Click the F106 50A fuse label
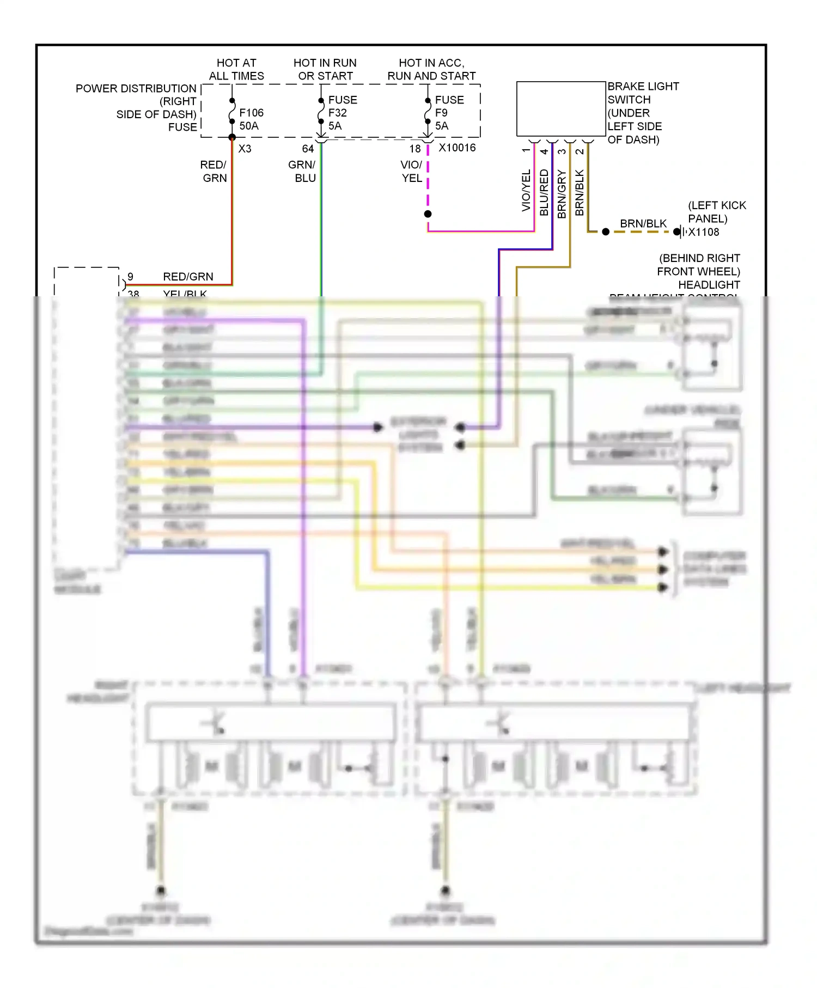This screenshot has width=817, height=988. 251,119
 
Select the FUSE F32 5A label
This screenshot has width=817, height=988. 342,113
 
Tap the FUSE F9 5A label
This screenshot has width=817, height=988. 449,113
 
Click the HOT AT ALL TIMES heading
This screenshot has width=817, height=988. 236,70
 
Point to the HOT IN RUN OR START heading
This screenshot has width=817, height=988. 325,70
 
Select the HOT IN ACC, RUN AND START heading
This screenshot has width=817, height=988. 431,70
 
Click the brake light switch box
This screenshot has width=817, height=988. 560,109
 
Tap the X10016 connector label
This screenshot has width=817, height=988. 457,148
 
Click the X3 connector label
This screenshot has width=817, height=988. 245,149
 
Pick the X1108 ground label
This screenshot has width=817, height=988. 704,232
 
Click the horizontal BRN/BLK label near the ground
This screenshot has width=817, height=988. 643,224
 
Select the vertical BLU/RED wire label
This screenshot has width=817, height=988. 544,192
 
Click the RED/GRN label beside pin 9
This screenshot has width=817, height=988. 188,277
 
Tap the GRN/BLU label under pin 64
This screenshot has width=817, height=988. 302,171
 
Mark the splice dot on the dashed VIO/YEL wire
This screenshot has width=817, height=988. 428,214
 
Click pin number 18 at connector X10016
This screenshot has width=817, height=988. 415,149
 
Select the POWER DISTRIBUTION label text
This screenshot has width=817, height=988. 136,88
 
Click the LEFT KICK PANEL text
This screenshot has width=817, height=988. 717,212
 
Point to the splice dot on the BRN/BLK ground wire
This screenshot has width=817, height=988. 606,232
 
